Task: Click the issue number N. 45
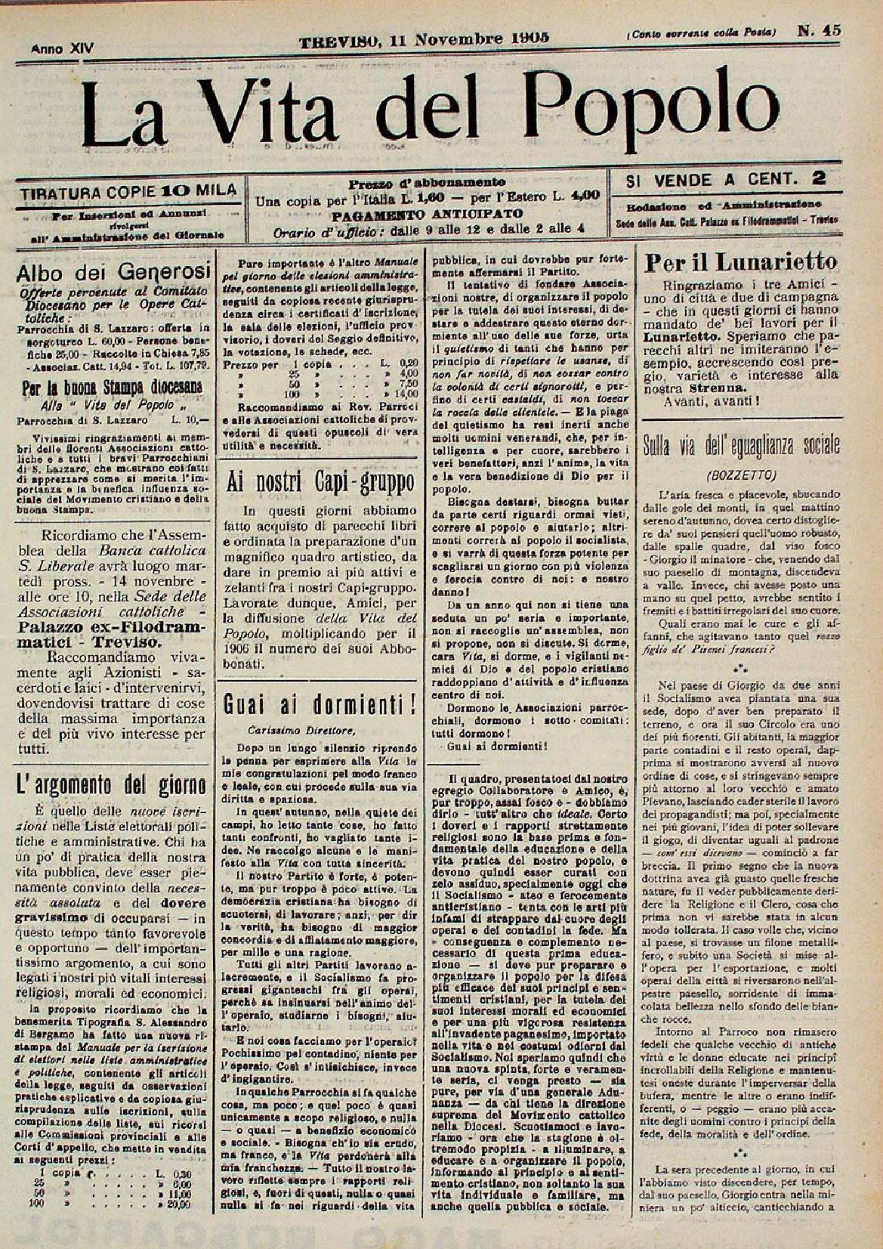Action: click(820, 31)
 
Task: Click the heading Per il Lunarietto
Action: click(740, 262)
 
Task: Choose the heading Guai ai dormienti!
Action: click(321, 704)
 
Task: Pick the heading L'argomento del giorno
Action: click(111, 786)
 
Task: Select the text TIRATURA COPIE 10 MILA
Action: click(128, 190)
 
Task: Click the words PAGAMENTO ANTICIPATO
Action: click(428, 214)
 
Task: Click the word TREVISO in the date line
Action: click(338, 39)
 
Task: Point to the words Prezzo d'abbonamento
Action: click(427, 183)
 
